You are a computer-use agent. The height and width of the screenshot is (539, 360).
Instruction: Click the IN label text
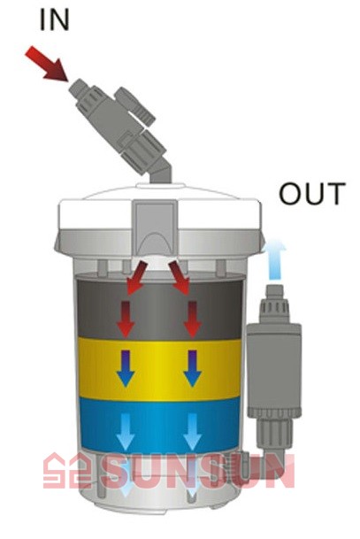point(54,19)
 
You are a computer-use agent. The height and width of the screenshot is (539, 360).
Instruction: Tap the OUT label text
point(312,194)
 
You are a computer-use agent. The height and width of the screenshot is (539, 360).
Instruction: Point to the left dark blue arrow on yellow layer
point(126,368)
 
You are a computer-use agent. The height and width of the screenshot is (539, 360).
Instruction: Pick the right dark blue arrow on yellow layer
point(192,368)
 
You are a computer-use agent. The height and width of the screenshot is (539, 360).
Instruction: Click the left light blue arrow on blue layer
point(126,432)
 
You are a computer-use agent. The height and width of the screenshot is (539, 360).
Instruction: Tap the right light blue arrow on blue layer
point(192,432)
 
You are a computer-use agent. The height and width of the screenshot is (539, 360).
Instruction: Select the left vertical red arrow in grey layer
point(126,320)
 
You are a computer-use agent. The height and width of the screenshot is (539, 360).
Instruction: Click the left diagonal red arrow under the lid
point(137,278)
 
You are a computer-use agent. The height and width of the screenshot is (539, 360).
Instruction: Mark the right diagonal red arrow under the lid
point(180,278)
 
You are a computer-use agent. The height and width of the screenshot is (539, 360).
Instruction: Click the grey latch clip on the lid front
point(156,228)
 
